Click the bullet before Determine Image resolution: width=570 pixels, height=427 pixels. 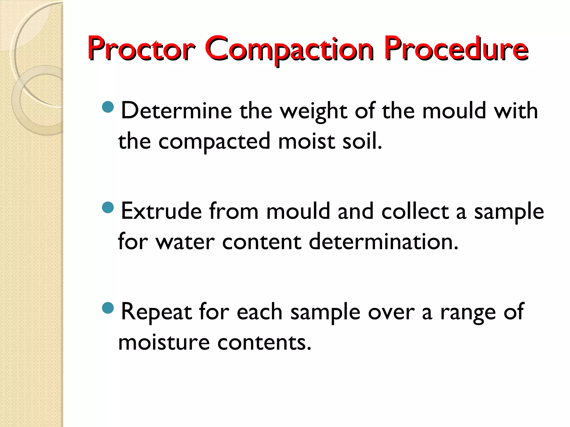(108, 107)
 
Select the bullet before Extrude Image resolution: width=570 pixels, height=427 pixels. (108, 207)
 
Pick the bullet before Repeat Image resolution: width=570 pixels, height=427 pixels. (108, 308)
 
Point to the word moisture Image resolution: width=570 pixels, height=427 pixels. (164, 342)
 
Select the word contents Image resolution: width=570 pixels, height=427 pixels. (264, 342)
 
